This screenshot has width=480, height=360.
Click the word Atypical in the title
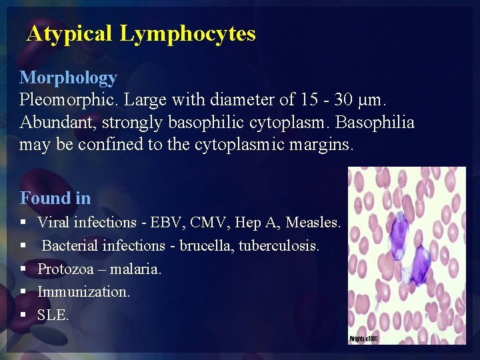(69, 33)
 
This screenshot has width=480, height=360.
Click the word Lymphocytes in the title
(187, 33)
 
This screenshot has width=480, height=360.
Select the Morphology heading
(68, 78)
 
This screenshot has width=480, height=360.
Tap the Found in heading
(55, 198)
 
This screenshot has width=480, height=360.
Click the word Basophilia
(377, 123)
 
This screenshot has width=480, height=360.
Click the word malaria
(137, 269)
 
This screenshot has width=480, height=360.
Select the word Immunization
(83, 292)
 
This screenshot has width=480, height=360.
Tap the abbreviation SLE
(53, 315)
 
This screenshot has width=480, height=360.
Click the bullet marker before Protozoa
(23, 269)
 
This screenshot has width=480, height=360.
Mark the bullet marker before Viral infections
(23, 222)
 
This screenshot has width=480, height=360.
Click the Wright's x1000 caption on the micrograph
(363, 339)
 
